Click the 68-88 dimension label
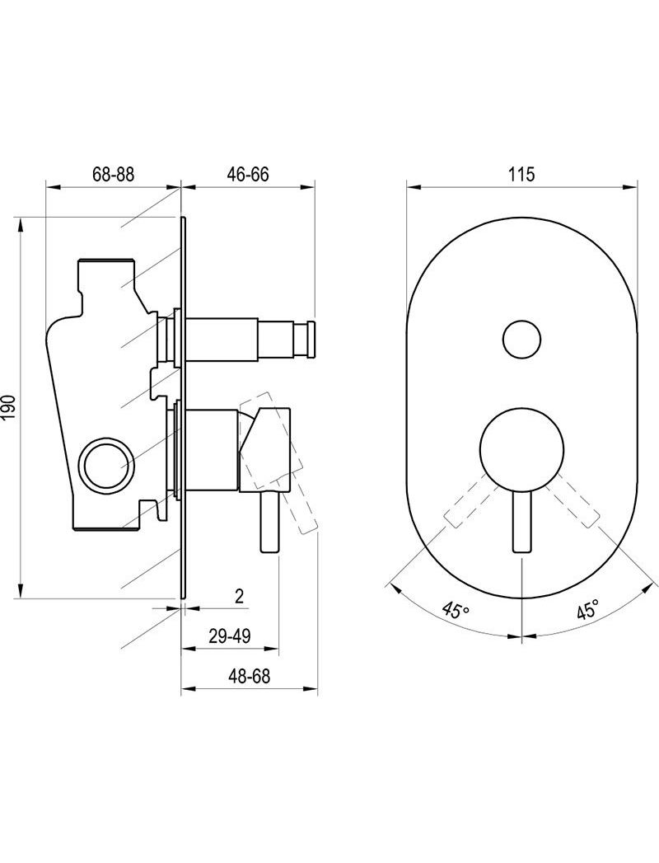point(114,175)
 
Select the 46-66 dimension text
point(248,175)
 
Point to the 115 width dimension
point(521,175)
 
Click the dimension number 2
point(239,597)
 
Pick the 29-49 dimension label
point(229,637)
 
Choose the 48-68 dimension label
point(250,677)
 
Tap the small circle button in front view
point(521,340)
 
